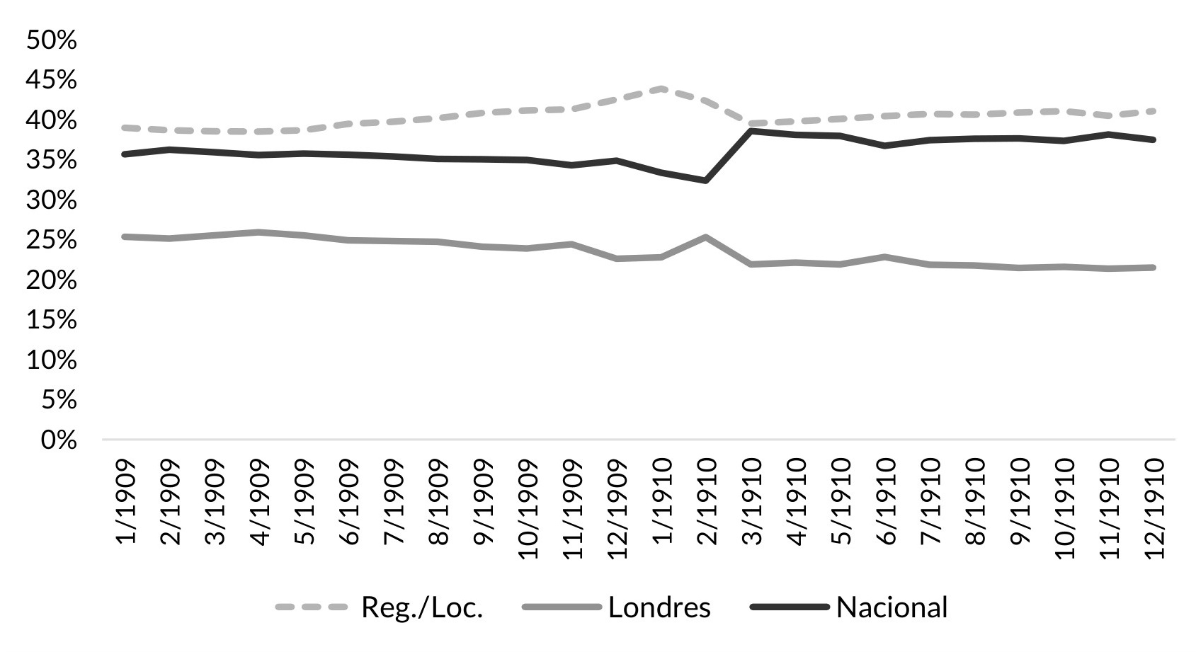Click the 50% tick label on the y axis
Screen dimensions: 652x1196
[51, 40]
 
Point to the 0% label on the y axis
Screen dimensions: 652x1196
[58, 440]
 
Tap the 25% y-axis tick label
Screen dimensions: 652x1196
[51, 241]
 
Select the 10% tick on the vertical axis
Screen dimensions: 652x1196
[51, 360]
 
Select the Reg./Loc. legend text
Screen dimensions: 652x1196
[422, 607]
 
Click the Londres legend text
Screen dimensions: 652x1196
[659, 607]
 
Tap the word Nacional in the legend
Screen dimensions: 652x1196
[891, 607]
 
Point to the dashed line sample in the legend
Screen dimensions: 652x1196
[312, 607]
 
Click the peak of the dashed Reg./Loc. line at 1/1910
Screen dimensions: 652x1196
[661, 88]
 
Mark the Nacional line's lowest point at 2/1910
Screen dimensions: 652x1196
[706, 181]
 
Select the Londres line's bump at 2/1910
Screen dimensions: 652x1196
[706, 237]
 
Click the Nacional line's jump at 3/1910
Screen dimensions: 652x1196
[751, 131]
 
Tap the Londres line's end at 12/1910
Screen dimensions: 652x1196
[1154, 267]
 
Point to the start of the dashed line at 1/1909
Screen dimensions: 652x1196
[125, 127]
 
